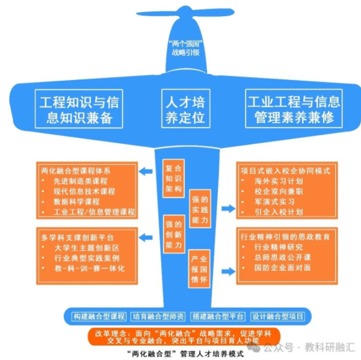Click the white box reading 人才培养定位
pos(185,108)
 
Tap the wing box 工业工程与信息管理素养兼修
pos(294,108)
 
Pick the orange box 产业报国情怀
pos(199,267)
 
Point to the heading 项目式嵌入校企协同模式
pos(285,170)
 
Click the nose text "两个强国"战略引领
pos(185,48)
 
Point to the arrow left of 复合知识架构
pos(146,173)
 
